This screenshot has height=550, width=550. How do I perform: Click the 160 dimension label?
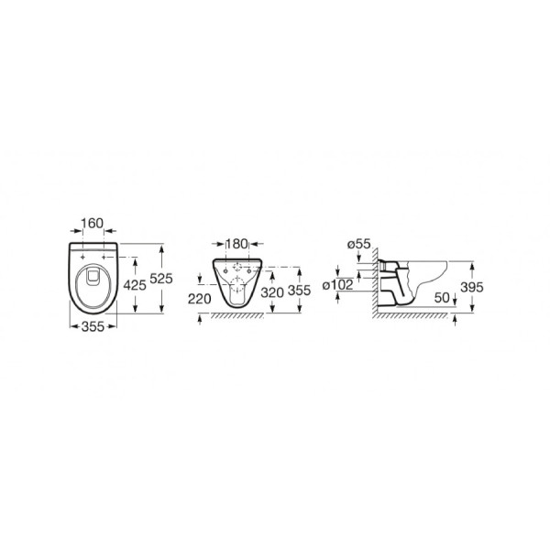93,223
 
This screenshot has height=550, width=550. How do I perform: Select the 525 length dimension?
161,279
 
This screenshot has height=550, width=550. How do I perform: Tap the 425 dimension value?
135,285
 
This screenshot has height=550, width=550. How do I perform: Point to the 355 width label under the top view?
93,326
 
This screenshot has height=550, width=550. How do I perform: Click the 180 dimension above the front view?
236,244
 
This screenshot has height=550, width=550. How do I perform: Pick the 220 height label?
200,299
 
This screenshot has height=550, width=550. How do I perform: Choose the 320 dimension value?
272,292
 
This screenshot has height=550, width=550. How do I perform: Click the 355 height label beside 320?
299,290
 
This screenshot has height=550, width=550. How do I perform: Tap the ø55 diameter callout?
358,244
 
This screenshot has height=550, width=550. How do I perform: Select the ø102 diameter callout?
337,285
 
